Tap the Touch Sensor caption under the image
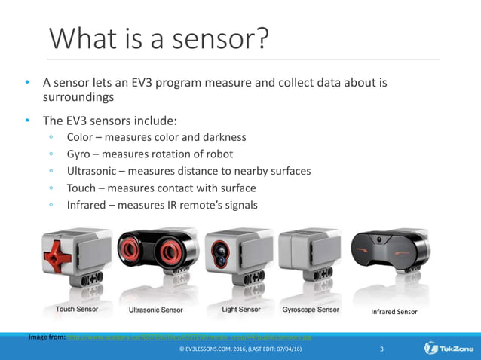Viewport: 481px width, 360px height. click(x=76, y=309)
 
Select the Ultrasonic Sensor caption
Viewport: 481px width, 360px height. click(x=157, y=309)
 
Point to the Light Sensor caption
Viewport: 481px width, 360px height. click(x=241, y=309)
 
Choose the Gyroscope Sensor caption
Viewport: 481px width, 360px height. click(x=310, y=309)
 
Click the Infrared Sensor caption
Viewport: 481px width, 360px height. click(x=393, y=311)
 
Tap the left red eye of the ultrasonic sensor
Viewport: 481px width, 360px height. click(x=133, y=250)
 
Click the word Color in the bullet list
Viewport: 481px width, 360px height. click(x=81, y=137)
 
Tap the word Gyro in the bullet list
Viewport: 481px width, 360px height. click(x=80, y=154)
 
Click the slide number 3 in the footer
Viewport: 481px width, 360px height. click(x=382, y=349)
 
